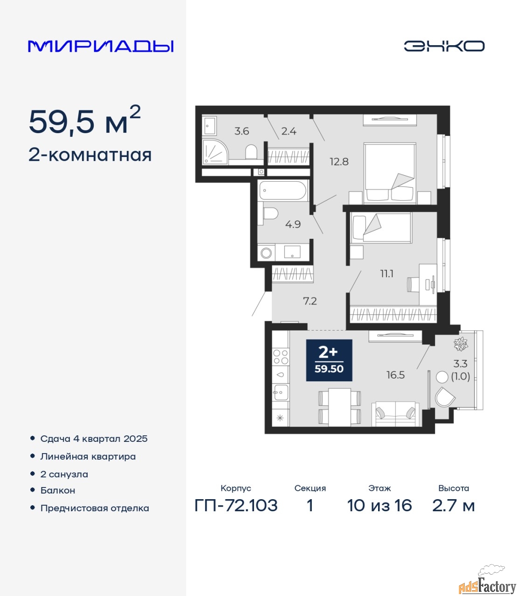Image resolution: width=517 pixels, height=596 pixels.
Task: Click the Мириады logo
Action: (101, 47)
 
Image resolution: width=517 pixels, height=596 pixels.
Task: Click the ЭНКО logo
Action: (444, 46)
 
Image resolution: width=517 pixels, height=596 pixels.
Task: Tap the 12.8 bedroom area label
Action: (339, 162)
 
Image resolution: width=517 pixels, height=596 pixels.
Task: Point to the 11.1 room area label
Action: (387, 274)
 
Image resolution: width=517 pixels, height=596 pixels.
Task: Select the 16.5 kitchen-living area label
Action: (395, 375)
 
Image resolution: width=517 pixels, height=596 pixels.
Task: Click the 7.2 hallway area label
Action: (310, 301)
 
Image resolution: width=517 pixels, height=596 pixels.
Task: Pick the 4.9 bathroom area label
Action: (293, 224)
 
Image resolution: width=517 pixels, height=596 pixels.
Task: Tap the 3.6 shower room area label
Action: (241, 131)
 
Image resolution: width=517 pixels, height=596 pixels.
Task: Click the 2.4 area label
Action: (289, 131)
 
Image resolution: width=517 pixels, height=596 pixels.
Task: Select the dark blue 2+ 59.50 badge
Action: (329, 360)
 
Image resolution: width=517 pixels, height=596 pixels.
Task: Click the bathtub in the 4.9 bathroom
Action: (283, 190)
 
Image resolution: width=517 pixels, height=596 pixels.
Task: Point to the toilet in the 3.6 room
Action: (251, 151)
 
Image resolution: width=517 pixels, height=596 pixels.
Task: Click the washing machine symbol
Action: (266, 253)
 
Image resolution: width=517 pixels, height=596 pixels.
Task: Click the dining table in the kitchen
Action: (339, 407)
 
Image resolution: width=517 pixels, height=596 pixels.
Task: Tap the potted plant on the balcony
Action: (461, 344)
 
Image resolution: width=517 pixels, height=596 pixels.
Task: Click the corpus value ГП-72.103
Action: (236, 505)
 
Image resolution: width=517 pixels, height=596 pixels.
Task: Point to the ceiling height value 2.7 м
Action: (453, 505)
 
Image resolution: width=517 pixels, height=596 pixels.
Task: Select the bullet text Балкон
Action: (58, 490)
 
